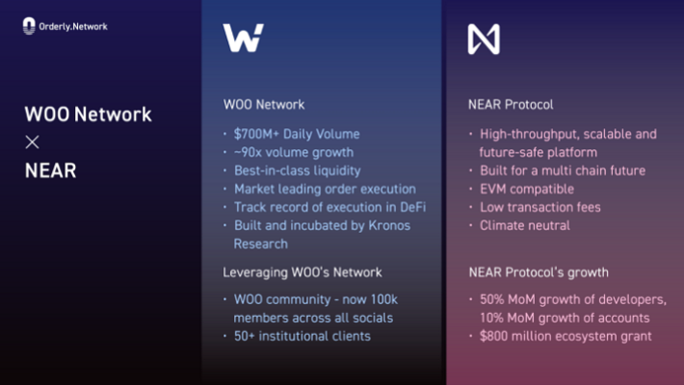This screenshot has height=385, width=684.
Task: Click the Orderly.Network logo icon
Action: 29,26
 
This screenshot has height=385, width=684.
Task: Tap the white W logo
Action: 244,38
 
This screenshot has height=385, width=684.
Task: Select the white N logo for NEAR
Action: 484,39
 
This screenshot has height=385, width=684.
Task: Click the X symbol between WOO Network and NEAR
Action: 32,142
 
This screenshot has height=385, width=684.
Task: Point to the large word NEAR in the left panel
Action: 51,170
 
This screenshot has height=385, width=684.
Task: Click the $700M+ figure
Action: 256,134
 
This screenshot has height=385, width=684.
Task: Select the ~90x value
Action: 248,152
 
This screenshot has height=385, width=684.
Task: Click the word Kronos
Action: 389,225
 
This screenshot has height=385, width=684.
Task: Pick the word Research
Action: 261,244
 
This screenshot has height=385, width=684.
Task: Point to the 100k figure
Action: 383,299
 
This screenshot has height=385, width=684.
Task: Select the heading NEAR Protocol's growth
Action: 539,272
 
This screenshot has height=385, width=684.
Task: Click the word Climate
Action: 500,225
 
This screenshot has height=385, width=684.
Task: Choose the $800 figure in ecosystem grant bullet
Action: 494,336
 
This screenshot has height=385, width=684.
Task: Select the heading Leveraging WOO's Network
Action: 303,272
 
